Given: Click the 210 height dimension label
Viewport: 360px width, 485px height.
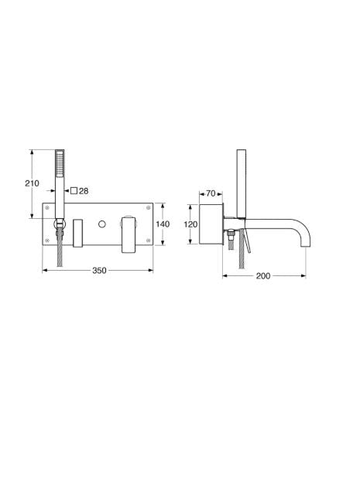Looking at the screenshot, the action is coord(33,183).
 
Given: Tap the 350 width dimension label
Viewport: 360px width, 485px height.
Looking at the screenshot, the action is coord(99,270).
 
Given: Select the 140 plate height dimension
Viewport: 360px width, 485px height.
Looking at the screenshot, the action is coord(163,224).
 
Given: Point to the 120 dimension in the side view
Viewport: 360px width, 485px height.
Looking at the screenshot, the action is coord(190,224).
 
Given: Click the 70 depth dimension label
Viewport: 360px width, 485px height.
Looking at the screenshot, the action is coord(211,193).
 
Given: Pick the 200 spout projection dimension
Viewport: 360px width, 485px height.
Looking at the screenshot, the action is coord(263,275).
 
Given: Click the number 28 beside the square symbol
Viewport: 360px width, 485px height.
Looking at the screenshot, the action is coord(84,191).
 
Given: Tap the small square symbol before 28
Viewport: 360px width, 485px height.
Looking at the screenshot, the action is coord(74,190).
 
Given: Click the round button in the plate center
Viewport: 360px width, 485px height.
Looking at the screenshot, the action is coord(102,224).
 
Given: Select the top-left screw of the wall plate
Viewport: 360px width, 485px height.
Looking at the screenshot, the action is coord(47,207).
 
